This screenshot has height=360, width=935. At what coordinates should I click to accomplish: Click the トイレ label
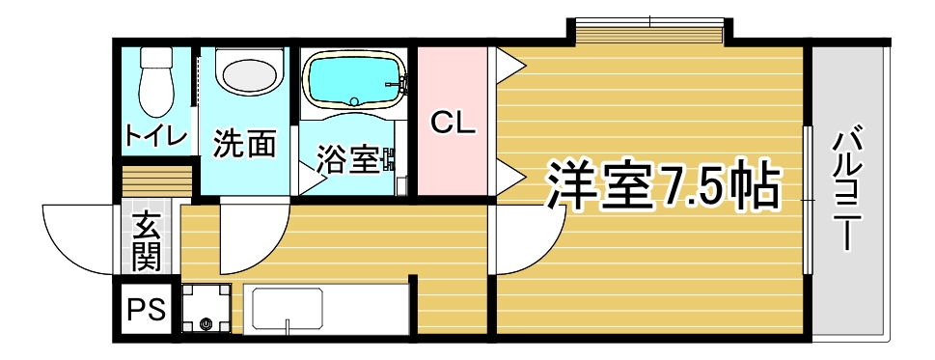pyautogui.click(x=154, y=137)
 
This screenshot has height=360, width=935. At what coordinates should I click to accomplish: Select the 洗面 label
pyautogui.click(x=244, y=144)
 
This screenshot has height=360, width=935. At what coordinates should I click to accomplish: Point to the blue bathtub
pyautogui.click(x=352, y=80)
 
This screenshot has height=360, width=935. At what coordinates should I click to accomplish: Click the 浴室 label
pyautogui.click(x=348, y=159)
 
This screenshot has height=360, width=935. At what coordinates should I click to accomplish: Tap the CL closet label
pyautogui.click(x=452, y=123)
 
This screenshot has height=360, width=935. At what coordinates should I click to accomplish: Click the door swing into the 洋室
pyautogui.click(x=526, y=241)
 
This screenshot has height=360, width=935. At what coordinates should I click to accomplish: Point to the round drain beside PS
pyautogui.click(x=206, y=323)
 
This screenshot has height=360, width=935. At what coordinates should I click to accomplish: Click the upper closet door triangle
pyautogui.click(x=509, y=67)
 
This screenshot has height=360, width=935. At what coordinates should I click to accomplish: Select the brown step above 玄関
pyautogui.click(x=147, y=181)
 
